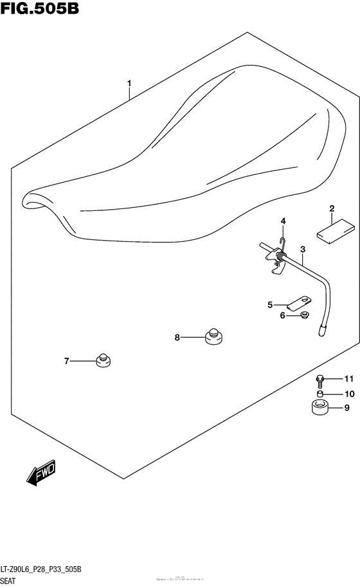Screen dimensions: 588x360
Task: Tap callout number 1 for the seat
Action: coord(129,84)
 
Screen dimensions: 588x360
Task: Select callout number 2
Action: coord(332,208)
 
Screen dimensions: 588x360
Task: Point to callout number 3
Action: coord(302,249)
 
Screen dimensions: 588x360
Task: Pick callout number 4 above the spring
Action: coord(282,222)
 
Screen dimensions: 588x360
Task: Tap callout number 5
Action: coord(270,304)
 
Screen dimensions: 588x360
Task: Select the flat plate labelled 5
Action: coord(299,301)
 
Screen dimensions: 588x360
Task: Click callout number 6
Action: coord(282,315)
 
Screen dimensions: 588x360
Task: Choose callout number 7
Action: coord(66,362)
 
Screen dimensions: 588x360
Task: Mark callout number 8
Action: coord(177,336)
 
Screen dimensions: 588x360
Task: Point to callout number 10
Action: coord(349,394)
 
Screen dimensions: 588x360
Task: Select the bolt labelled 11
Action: coord(319,380)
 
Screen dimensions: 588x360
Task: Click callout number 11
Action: coord(349,378)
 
